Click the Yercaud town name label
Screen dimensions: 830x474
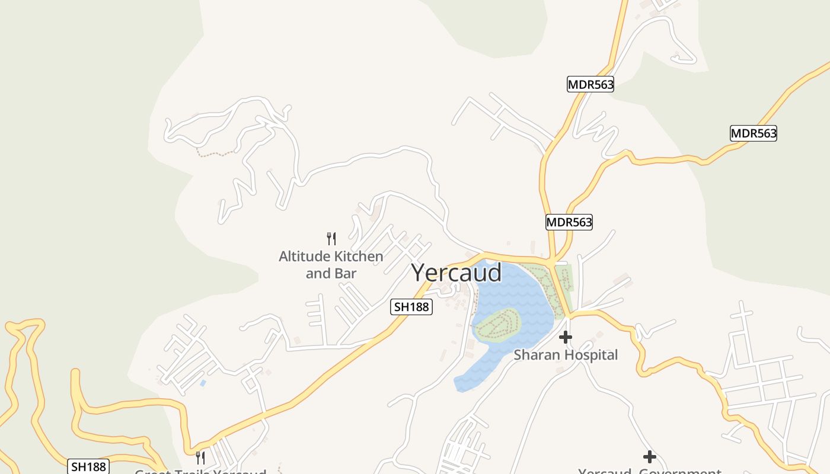tap(456, 273)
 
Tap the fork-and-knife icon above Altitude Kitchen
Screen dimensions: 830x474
tap(331, 239)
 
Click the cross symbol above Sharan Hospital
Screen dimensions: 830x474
tap(566, 337)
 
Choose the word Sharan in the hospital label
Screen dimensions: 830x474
tap(535, 355)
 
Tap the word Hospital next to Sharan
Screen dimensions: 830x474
tap(589, 355)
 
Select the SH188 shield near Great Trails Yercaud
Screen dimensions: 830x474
tap(88, 467)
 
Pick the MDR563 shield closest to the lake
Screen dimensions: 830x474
tap(569, 222)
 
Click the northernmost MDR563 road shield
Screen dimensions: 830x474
tap(590, 85)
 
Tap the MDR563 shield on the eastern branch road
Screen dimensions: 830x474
tap(753, 133)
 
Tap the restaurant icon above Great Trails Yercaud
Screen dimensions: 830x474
tap(200, 457)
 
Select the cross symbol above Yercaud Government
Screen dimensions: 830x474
tap(650, 457)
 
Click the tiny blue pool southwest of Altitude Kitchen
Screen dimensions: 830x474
tap(203, 383)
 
